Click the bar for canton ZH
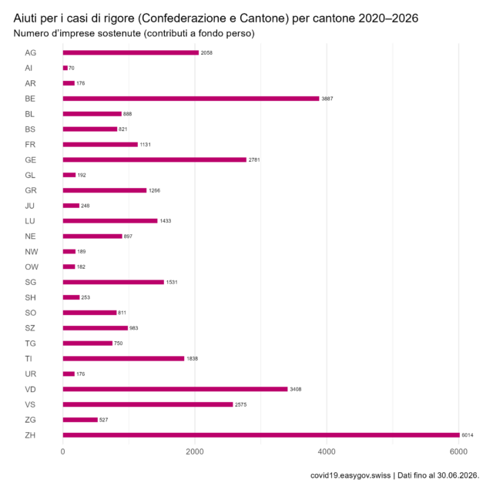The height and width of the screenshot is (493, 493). [261, 435]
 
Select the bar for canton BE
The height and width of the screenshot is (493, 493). [191, 99]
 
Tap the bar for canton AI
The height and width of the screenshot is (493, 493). [65, 68]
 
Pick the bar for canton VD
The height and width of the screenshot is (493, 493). [175, 389]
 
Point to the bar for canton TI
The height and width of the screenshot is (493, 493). [123, 358]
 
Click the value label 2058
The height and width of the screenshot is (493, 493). [206, 53]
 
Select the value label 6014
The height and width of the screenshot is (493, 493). [468, 435]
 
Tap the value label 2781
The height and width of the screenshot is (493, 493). [254, 159]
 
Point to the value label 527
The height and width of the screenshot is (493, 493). [103, 420]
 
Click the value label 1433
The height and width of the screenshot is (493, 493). [166, 221]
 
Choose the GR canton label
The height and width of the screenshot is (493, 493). [31, 190]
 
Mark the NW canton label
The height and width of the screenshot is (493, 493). [32, 252]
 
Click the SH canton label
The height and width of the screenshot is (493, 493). [31, 297]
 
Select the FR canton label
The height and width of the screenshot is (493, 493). [30, 145]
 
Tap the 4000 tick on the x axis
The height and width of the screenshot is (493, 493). [327, 452]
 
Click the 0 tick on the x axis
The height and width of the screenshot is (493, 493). [63, 452]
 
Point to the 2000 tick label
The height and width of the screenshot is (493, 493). [195, 452]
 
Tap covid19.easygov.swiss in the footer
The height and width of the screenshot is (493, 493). [350, 475]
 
